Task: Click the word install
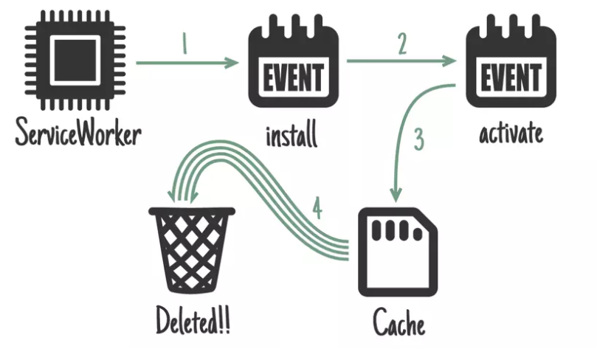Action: pos(293,136)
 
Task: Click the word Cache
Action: pos(399,323)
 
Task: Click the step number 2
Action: pos(402,46)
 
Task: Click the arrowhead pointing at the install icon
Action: pos(234,63)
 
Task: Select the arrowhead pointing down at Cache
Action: pos(396,195)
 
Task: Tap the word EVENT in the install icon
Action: pos(293,76)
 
